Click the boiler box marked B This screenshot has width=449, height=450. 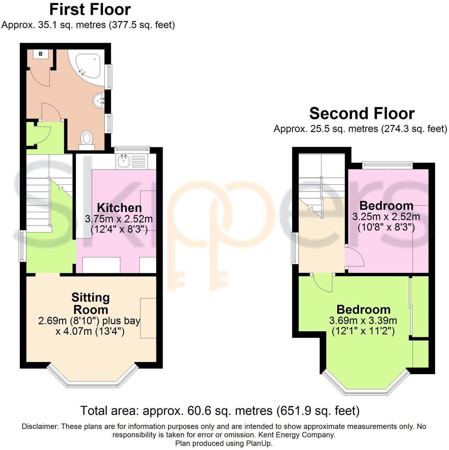41,54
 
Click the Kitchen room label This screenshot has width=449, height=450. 119,208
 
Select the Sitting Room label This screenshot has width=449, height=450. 91,303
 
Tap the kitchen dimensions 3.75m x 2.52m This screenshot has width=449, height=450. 119,219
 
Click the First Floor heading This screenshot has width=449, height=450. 90,9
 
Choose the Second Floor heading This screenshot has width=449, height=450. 362,113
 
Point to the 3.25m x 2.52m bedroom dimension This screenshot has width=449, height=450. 386,217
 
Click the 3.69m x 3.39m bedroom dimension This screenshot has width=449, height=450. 363,321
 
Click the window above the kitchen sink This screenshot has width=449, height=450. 132,149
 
